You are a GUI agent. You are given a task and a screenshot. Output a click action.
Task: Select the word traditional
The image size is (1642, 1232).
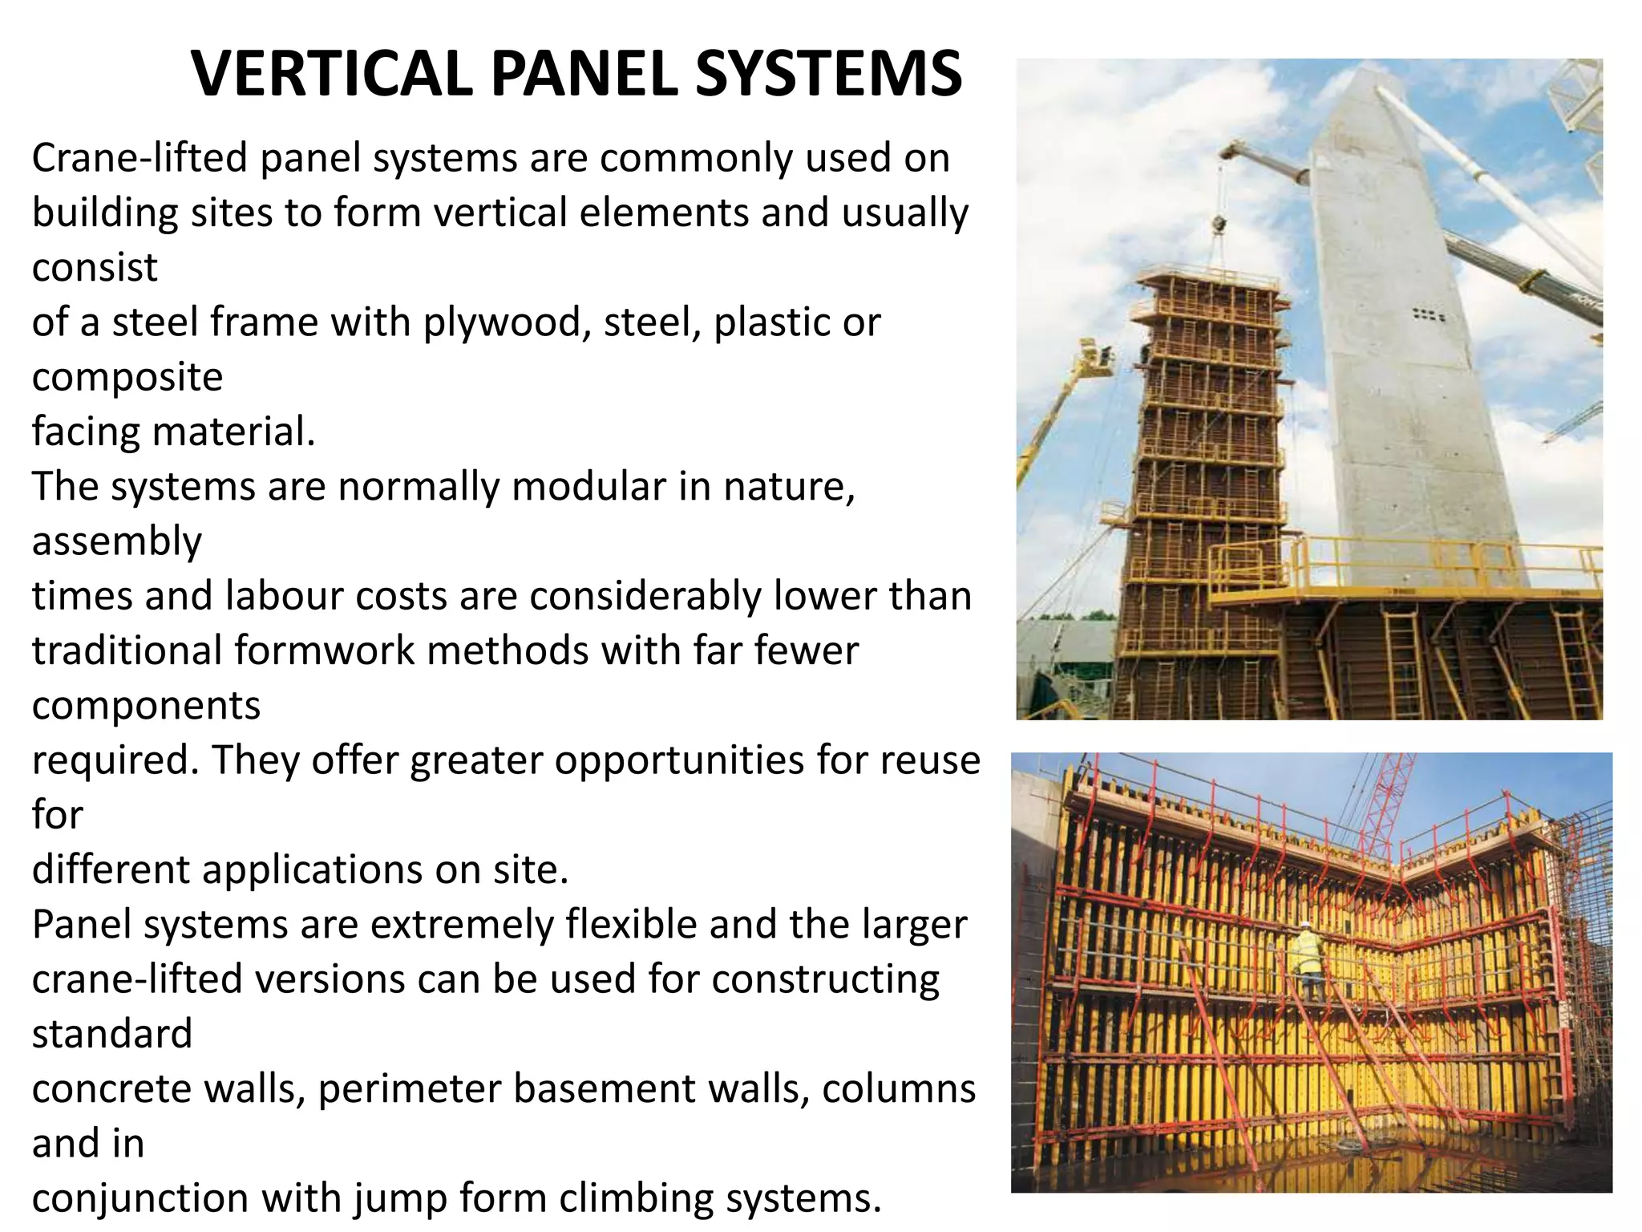(127, 650)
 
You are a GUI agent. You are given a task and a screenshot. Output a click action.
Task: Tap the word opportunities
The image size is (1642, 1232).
(678, 760)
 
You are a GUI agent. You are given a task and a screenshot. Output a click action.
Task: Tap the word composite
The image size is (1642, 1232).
(127, 378)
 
